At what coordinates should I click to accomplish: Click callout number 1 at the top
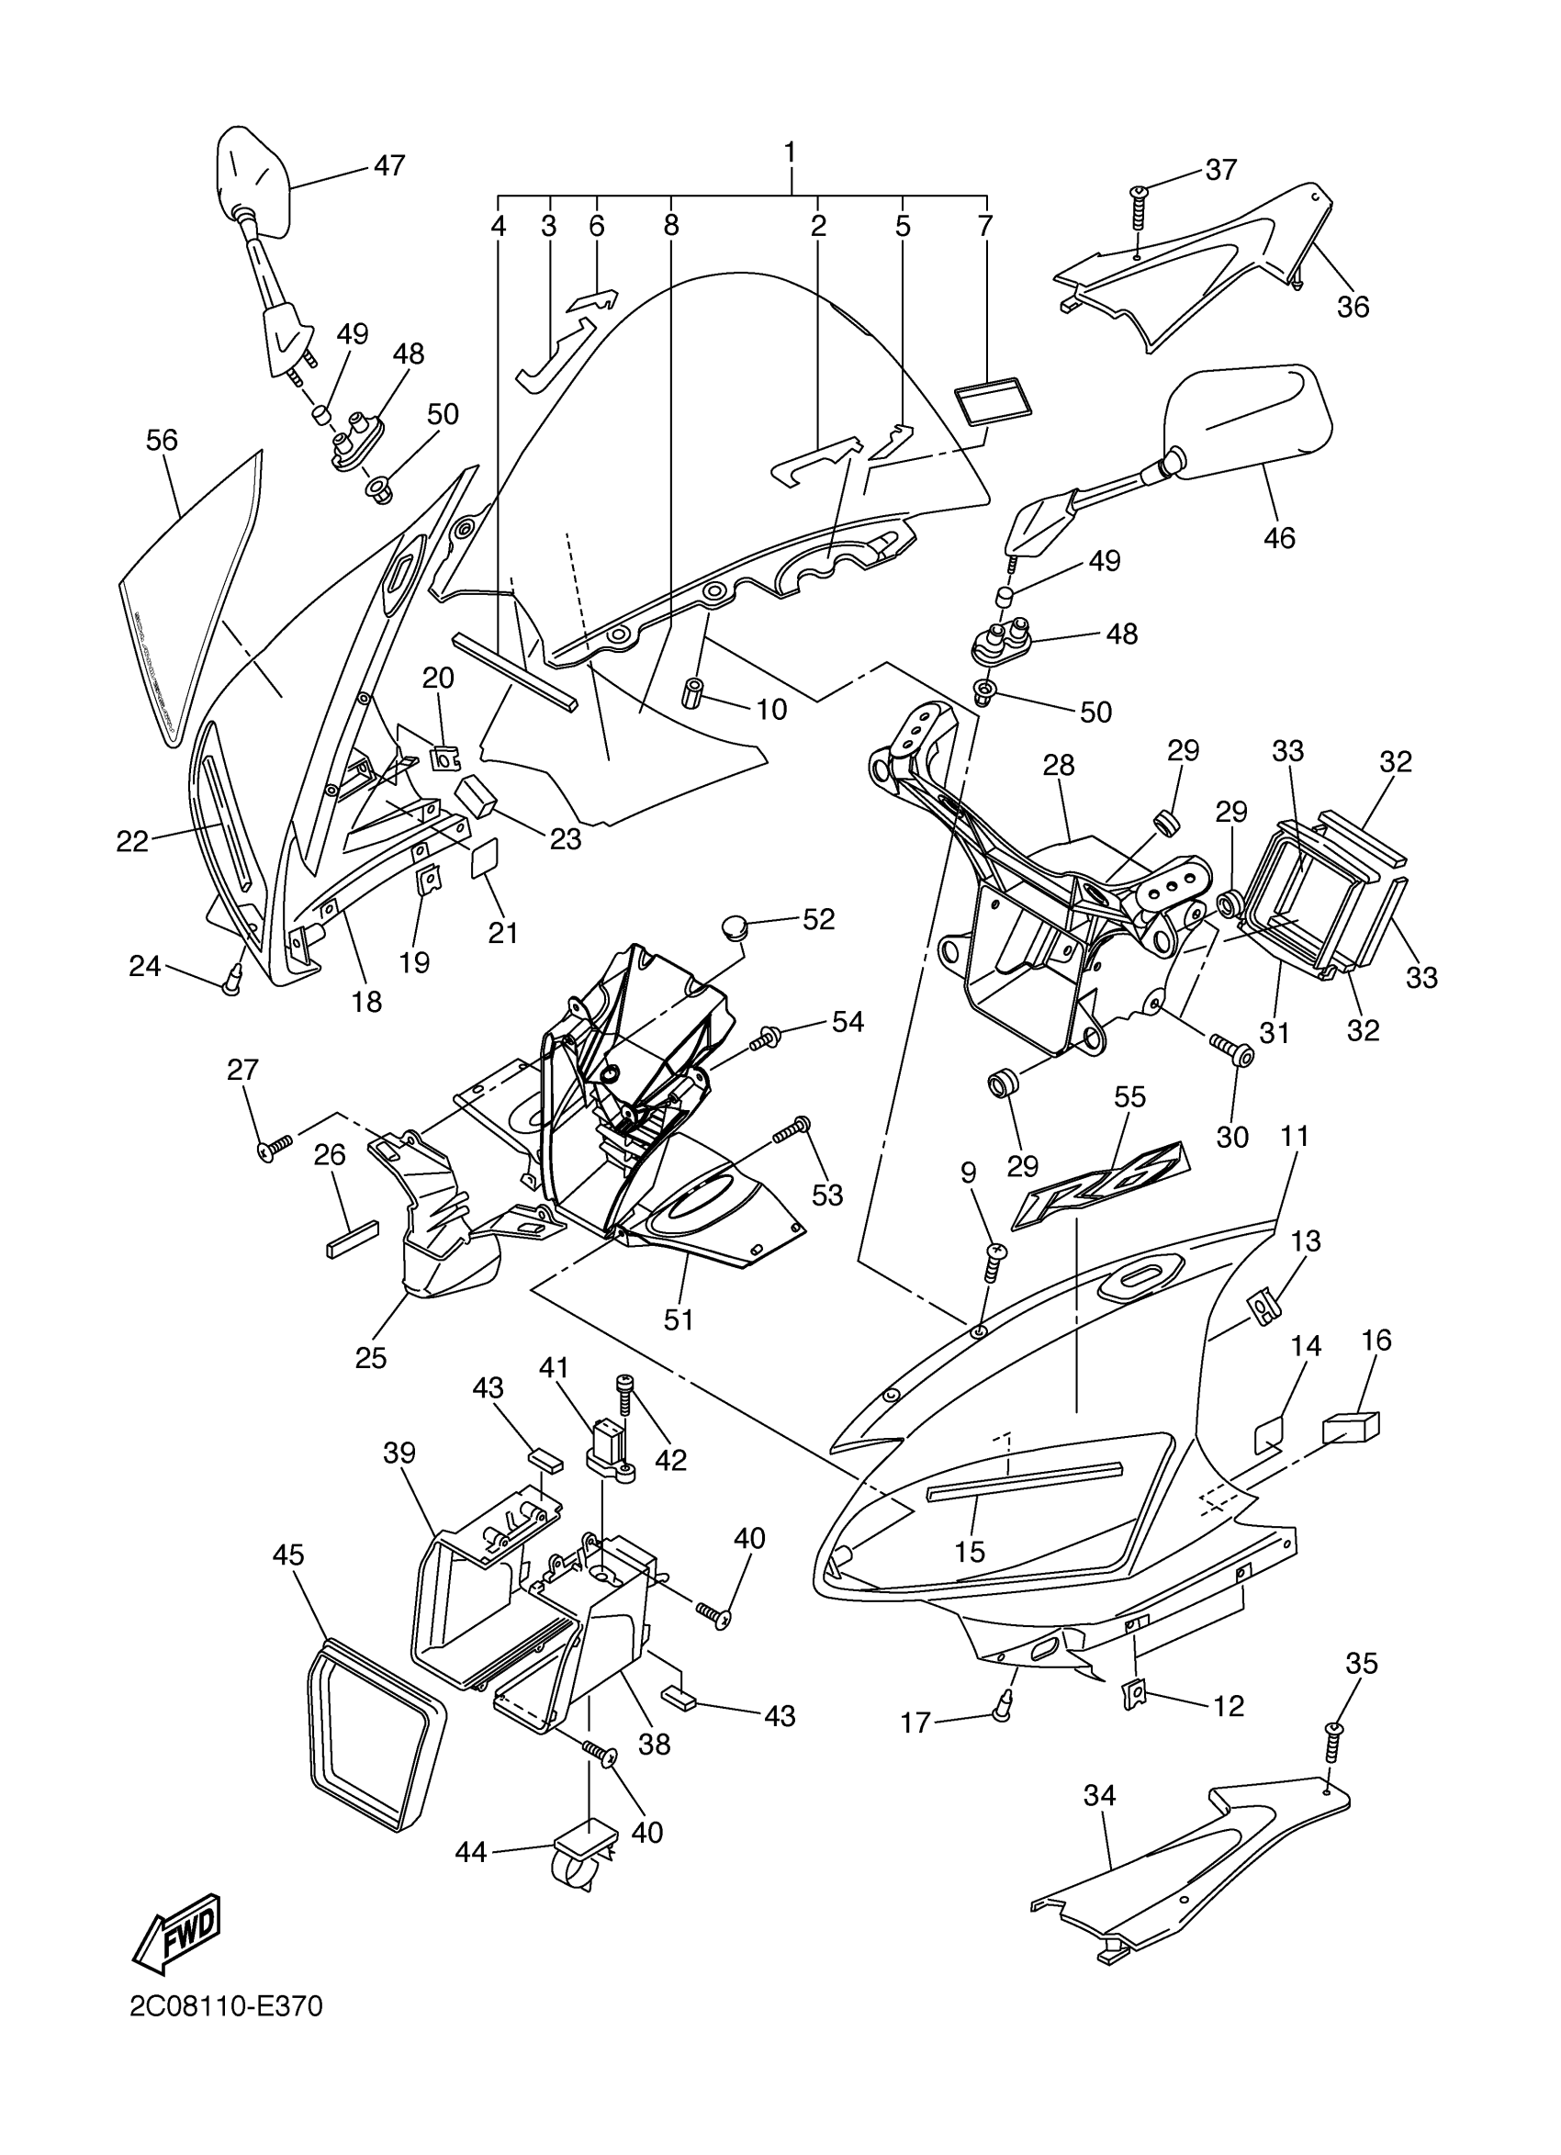pyautogui.click(x=790, y=152)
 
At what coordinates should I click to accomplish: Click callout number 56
pyautogui.click(x=162, y=440)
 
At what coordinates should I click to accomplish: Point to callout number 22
pyautogui.click(x=133, y=840)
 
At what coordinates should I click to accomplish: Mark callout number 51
pyautogui.click(x=679, y=1319)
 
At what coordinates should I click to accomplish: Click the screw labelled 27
pyautogui.click(x=274, y=1149)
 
